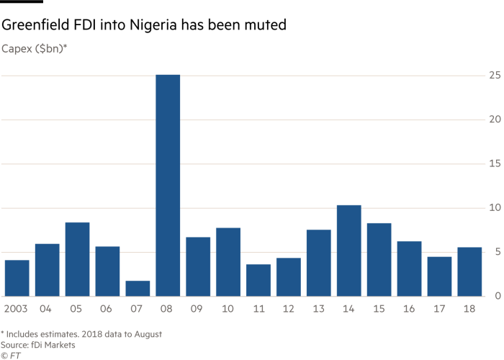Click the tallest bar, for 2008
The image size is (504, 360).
pyautogui.click(x=168, y=185)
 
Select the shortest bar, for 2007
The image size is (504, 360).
pyautogui.click(x=138, y=288)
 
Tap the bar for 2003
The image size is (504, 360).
pyautogui.click(x=17, y=278)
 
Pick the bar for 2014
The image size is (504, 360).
pyautogui.click(x=348, y=251)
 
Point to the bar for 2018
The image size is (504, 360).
pyautogui.click(x=469, y=271)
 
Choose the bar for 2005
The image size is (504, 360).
pyautogui.click(x=77, y=259)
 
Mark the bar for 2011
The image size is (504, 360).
pyautogui.click(x=258, y=280)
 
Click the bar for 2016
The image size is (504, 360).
pyautogui.click(x=409, y=269)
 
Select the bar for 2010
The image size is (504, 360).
pyautogui.click(x=228, y=262)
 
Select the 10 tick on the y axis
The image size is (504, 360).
pyautogui.click(x=495, y=208)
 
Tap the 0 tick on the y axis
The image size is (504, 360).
pyautogui.click(x=497, y=297)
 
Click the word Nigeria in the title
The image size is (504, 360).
pyautogui.click(x=153, y=26)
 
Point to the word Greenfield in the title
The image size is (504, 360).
pyautogui.click(x=35, y=26)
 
